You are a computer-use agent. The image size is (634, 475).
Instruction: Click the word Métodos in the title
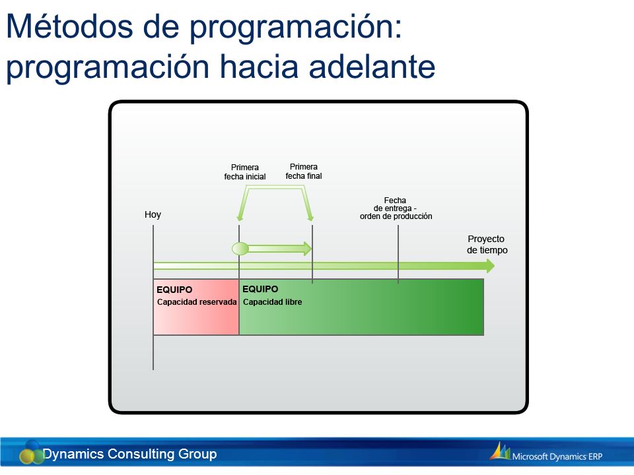69,26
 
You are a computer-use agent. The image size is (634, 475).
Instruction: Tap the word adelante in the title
372,66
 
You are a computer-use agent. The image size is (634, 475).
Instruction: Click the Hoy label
153,214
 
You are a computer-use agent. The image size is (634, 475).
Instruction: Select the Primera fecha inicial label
244,172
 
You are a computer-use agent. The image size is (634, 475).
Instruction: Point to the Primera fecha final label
304,172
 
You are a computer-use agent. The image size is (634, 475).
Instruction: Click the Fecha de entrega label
396,208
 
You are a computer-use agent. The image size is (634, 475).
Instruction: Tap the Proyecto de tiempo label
487,244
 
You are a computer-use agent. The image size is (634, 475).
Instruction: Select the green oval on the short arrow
240,249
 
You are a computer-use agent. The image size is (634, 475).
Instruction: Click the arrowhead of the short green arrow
308,249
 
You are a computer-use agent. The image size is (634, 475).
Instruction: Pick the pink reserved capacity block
196,307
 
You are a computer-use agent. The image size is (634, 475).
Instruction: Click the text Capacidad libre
272,302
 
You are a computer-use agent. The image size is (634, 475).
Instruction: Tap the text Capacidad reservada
197,302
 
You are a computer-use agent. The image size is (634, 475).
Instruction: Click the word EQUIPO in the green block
260,289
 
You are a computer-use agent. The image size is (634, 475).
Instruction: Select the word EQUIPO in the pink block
174,290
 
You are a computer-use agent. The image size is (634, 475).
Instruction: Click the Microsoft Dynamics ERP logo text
557,457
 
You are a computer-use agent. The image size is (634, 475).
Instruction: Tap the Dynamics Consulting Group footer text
130,454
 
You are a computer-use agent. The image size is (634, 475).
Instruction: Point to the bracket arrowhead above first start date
240,217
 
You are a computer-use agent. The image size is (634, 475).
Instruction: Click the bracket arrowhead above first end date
310,217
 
